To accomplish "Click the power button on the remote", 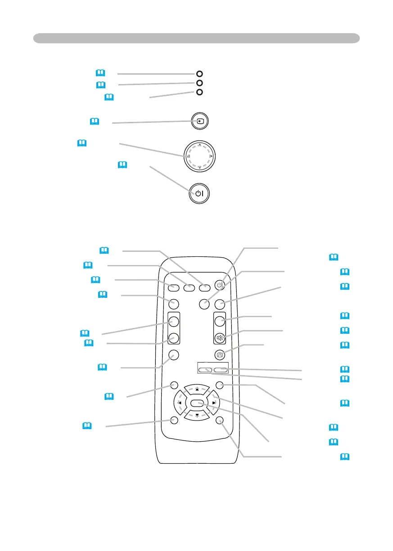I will [219, 285].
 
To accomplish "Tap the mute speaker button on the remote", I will [219, 338].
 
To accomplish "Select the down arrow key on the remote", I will [197, 414].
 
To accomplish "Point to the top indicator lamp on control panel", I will [200, 74].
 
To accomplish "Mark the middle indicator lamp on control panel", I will [200, 83].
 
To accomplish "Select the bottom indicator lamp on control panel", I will [200, 92].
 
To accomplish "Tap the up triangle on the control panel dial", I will [199, 144].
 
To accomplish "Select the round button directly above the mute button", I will [219, 321].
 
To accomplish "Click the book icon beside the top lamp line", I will [100, 72].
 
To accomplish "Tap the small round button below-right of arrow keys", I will [219, 420].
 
